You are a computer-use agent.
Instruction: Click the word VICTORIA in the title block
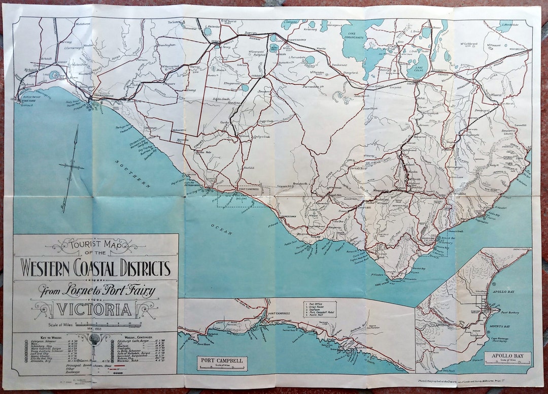click(x=95, y=309)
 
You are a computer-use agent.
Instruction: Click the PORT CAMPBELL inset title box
click(x=222, y=363)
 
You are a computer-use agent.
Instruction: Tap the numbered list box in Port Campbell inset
click(x=320, y=309)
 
